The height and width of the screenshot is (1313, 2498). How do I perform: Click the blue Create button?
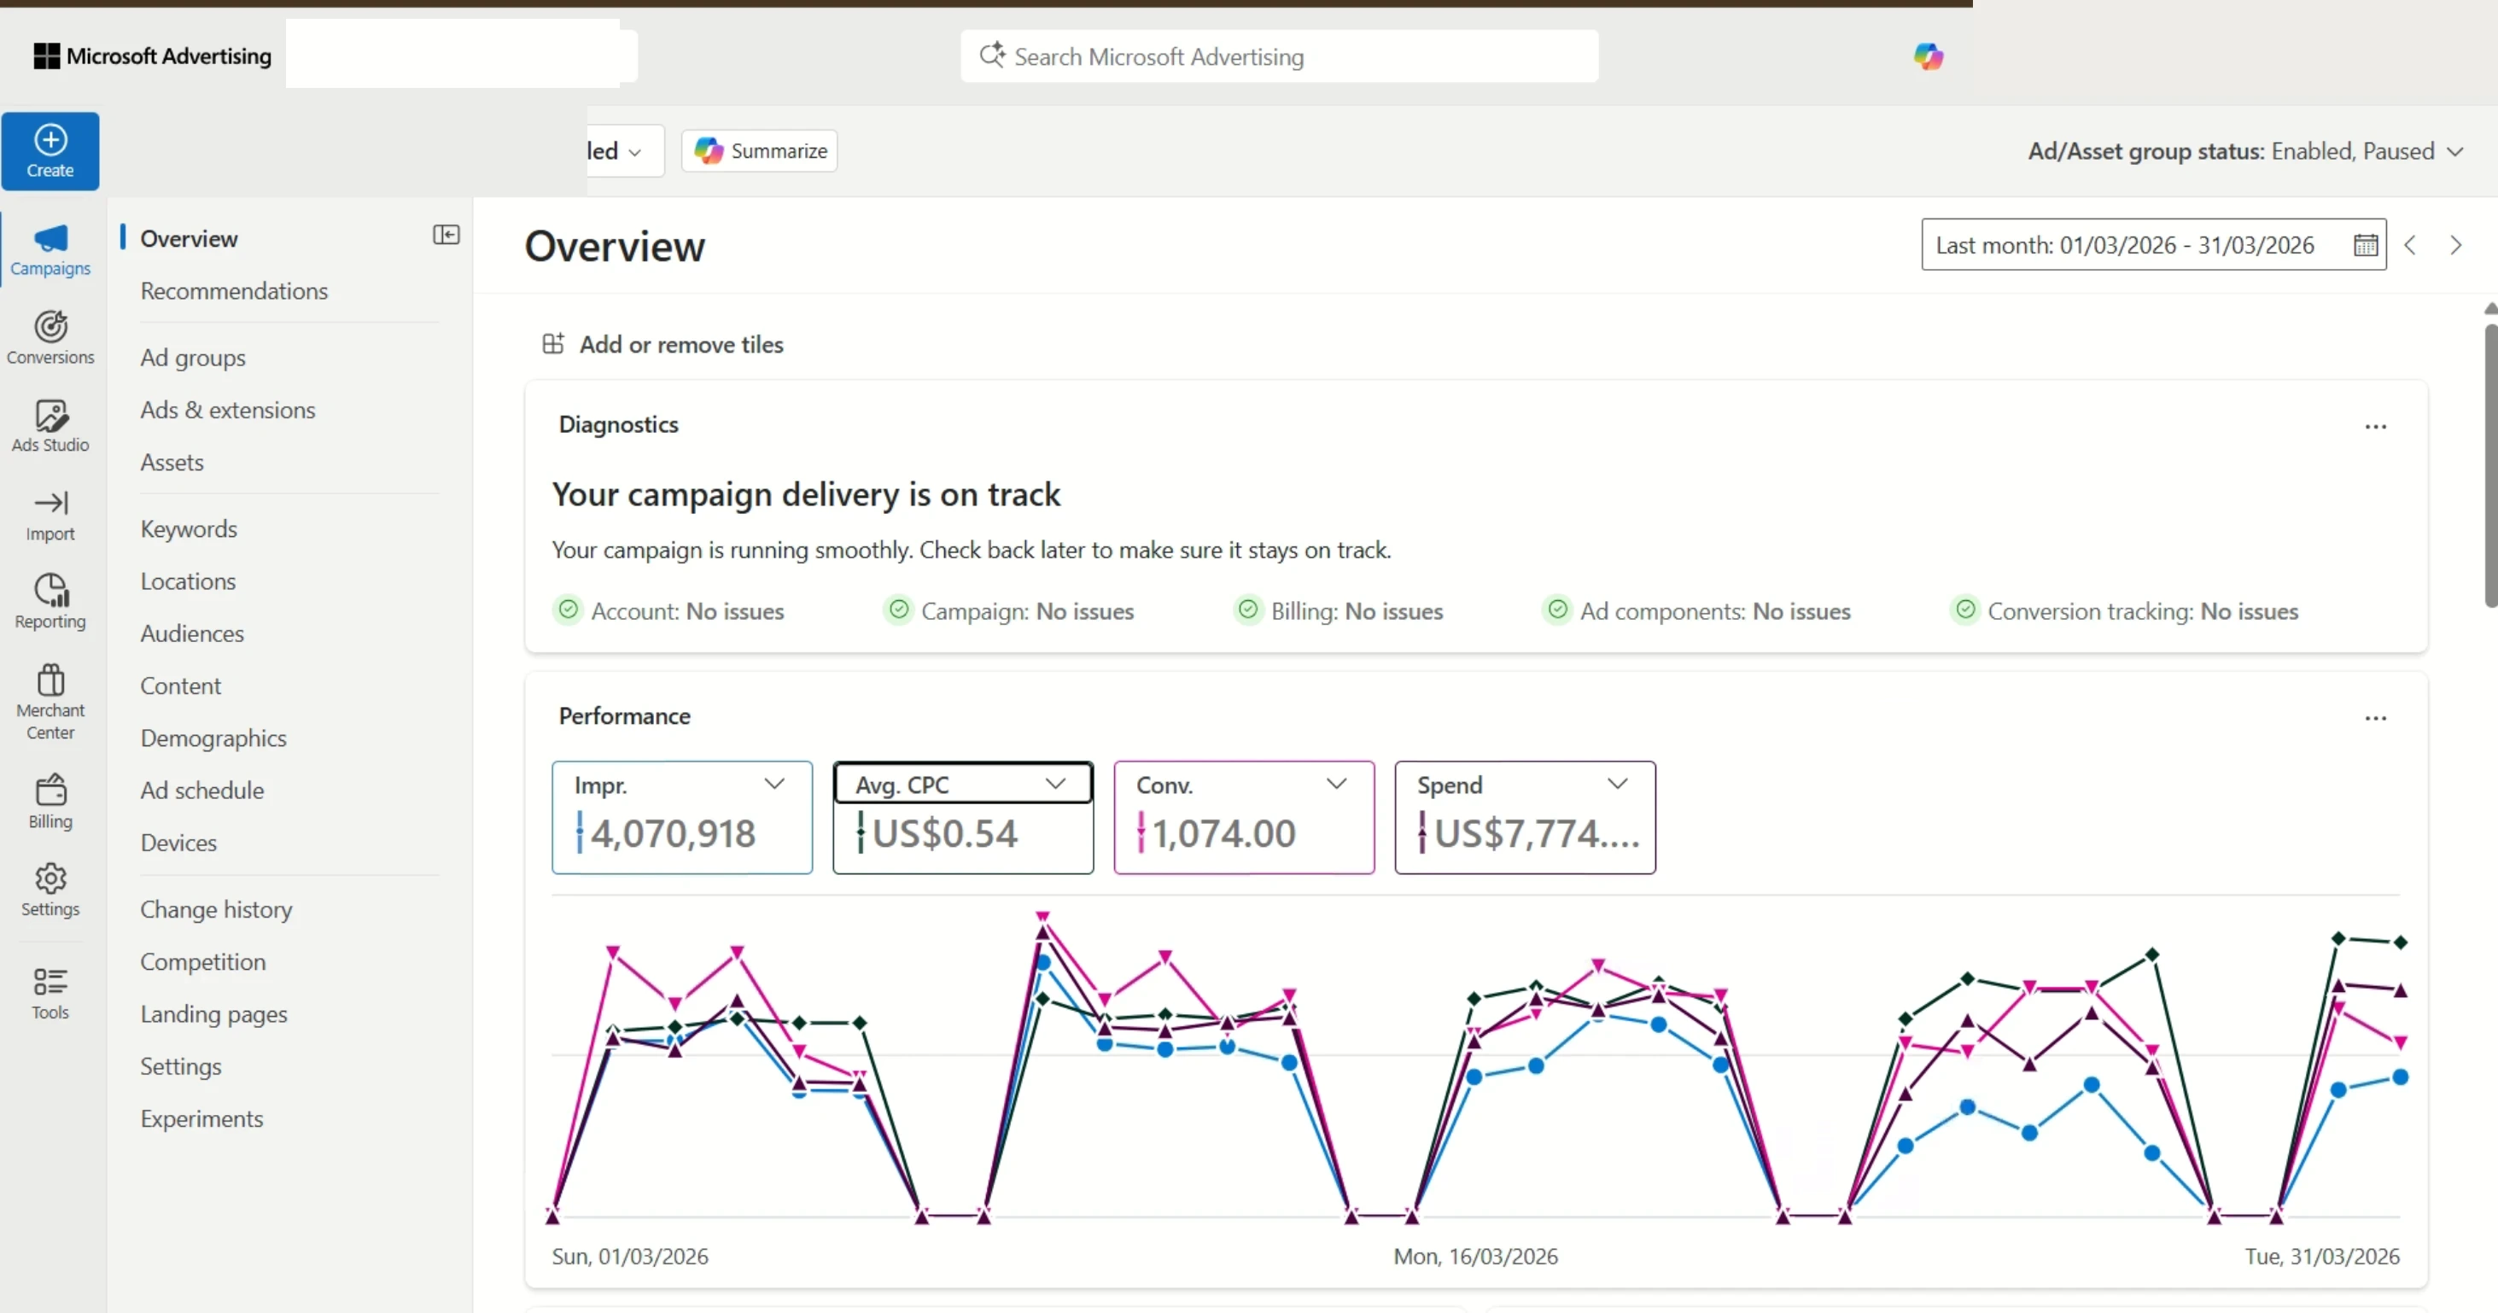click(x=50, y=151)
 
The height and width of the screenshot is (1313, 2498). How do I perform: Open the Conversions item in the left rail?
click(x=50, y=337)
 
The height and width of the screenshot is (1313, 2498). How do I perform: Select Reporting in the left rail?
click(x=50, y=601)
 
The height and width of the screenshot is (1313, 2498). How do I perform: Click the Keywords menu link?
click(x=189, y=528)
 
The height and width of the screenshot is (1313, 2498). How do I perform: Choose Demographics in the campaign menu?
click(x=213, y=738)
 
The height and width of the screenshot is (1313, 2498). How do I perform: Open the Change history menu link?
click(x=216, y=909)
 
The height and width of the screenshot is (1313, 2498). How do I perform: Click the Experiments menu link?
click(x=201, y=1118)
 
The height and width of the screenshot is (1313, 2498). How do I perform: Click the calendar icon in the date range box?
click(x=2365, y=245)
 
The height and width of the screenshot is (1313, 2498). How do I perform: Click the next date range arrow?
click(x=2455, y=245)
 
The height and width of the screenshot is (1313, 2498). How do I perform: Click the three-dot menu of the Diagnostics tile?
click(x=2375, y=427)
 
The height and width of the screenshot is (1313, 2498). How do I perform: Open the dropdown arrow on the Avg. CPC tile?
click(x=1055, y=784)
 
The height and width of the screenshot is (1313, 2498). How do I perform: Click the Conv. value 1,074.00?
click(x=1223, y=834)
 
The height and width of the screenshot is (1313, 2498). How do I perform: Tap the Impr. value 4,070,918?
click(x=672, y=834)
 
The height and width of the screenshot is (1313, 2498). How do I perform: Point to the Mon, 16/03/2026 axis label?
click(x=1475, y=1256)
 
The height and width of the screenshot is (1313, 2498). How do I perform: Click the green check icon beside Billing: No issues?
click(x=1248, y=609)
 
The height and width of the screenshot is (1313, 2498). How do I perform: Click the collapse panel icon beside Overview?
click(x=446, y=235)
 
